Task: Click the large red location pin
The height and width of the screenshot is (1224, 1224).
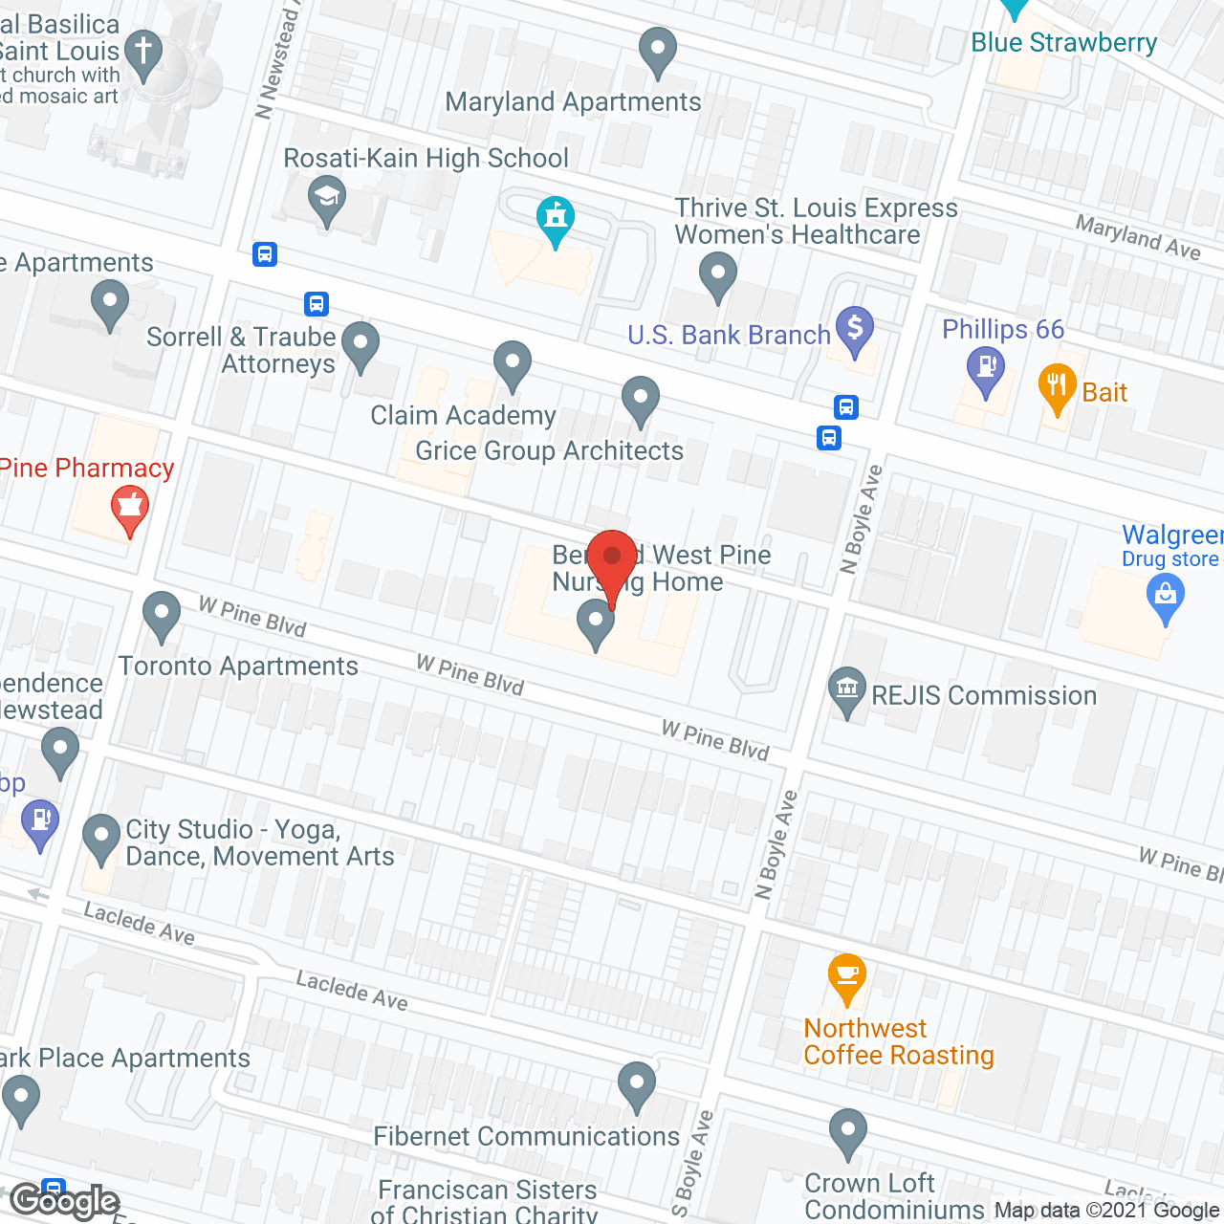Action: pyautogui.click(x=612, y=559)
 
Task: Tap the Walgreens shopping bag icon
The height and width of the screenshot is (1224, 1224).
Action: pyautogui.click(x=1165, y=598)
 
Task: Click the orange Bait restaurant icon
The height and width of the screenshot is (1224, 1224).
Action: pyautogui.click(x=1056, y=386)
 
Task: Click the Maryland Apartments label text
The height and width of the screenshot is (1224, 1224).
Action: pyautogui.click(x=573, y=102)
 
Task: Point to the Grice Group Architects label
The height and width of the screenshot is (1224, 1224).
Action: pyautogui.click(x=549, y=451)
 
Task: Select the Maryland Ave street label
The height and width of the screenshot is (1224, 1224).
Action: pyautogui.click(x=1137, y=236)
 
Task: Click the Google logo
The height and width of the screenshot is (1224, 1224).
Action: pyautogui.click(x=65, y=1201)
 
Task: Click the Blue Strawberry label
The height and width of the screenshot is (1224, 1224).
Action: pyautogui.click(x=1063, y=43)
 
